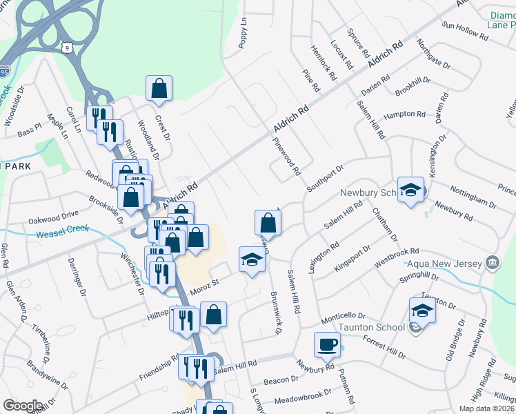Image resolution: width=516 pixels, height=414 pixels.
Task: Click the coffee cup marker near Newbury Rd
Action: (328, 344)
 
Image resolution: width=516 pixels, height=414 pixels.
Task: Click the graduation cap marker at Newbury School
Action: (410, 190)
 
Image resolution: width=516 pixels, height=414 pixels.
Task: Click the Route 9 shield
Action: (66, 46)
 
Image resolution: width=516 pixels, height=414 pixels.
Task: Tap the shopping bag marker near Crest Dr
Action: (159, 88)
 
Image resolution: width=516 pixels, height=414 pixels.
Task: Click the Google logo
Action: (22, 406)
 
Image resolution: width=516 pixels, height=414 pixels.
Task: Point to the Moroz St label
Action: (205, 282)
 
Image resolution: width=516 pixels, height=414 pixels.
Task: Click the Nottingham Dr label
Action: (473, 197)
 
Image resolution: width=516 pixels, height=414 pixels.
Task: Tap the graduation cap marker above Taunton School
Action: (422, 310)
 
